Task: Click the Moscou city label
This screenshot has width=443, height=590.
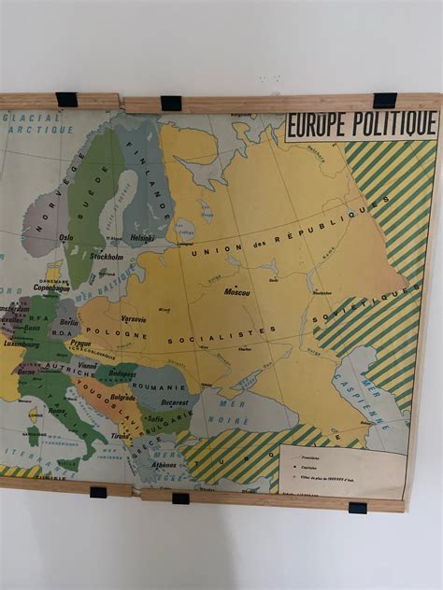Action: click(x=236, y=291)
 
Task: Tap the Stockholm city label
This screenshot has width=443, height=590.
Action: click(x=106, y=256)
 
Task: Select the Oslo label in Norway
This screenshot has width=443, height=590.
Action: click(x=65, y=237)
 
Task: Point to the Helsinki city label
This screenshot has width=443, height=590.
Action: click(x=142, y=237)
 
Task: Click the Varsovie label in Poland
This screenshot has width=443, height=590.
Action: click(x=135, y=318)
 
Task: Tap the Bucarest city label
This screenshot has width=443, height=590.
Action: click(x=174, y=402)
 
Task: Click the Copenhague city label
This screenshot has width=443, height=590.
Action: click(x=51, y=288)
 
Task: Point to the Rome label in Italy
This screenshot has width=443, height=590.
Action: click(x=57, y=410)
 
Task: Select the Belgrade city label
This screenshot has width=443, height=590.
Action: click(x=122, y=397)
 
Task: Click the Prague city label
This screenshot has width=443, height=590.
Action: click(x=80, y=343)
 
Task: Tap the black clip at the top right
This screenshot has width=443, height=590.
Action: click(x=384, y=101)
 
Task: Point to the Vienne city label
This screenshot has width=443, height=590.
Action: click(x=87, y=366)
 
